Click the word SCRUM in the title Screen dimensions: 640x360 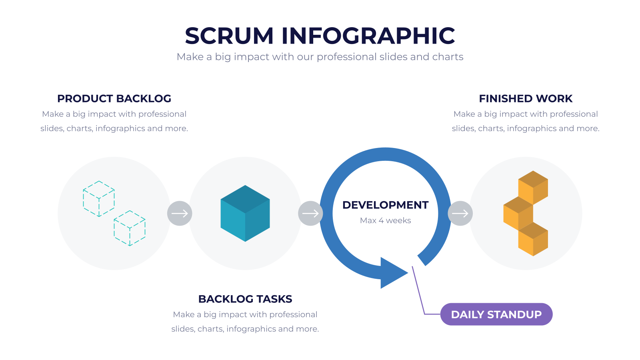229,36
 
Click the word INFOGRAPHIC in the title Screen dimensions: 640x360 368,36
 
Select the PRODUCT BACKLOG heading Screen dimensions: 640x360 114,98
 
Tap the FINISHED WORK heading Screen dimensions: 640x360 526,98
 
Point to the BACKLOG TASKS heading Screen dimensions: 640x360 245,299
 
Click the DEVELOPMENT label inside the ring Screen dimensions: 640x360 386,205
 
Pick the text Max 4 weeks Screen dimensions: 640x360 386,220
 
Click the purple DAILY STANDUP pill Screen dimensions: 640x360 496,314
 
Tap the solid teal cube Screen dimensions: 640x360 245,214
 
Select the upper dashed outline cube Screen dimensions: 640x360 99,198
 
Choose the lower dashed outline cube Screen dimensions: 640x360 130,228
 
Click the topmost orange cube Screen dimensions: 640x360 533,188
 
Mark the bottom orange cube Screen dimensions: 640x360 533,240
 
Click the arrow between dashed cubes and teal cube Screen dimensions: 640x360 180,214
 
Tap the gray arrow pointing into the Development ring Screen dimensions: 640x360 310,214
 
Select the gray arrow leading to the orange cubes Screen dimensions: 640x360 460,214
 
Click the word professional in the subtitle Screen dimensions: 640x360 347,57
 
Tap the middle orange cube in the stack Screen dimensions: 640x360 518,214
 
